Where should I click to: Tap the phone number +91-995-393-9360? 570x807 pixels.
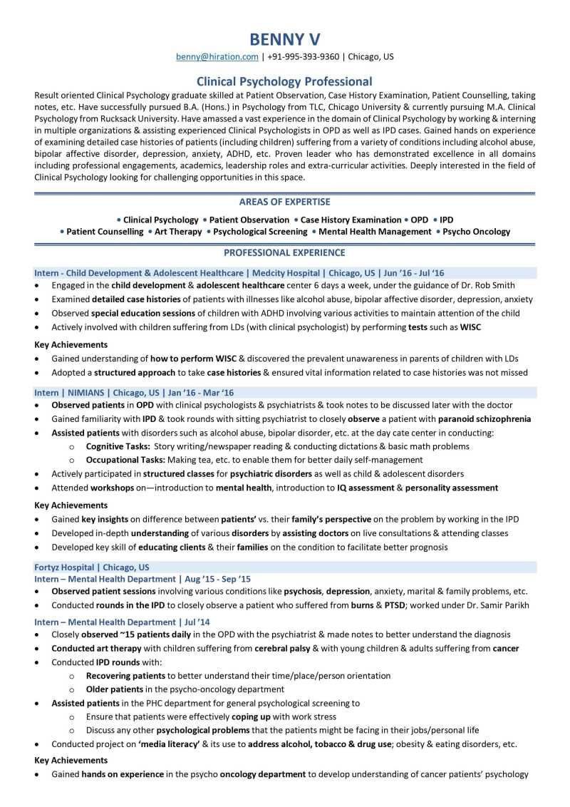pos(304,56)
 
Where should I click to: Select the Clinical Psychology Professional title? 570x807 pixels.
pos(284,81)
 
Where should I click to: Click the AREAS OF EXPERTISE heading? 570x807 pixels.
pos(284,202)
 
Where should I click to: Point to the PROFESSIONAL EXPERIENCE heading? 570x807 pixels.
pos(284,252)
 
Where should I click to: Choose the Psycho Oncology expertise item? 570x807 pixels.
pos(476,232)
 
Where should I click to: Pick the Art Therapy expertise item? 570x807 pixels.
pos(178,232)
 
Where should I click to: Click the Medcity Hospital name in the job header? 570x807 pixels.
pos(285,273)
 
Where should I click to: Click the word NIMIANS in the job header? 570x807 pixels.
pos(87,393)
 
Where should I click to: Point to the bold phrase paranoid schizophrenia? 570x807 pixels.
pos(484,418)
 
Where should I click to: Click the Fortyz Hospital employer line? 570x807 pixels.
pos(92,567)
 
